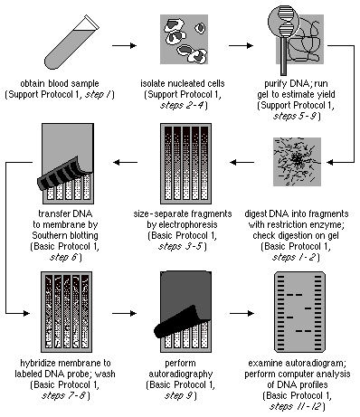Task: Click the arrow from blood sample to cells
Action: [123, 42]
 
